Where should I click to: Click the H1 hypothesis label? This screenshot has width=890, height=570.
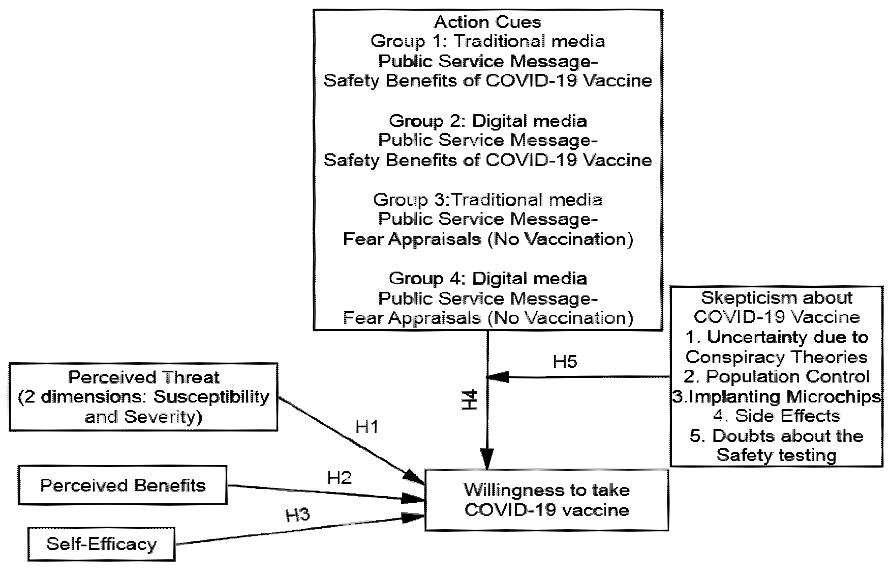[x=367, y=427]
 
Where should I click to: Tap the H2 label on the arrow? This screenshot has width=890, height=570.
[x=339, y=478]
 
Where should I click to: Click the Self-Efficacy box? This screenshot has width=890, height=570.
[x=101, y=544]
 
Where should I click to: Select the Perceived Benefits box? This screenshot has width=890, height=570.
[x=122, y=485]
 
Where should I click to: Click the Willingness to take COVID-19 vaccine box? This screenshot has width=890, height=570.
[x=546, y=500]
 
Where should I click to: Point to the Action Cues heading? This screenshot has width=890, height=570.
[x=487, y=22]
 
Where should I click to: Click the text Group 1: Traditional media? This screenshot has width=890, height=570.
[x=487, y=41]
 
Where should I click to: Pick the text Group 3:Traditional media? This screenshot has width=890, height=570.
[x=487, y=200]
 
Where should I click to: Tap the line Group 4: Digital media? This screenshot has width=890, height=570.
[x=487, y=278]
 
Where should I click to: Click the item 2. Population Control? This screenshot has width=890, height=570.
[x=777, y=376]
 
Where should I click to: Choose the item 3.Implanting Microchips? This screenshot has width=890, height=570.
[x=777, y=396]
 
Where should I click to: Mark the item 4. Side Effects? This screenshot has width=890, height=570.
[x=777, y=416]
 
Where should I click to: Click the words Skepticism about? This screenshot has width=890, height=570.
[x=777, y=297]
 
